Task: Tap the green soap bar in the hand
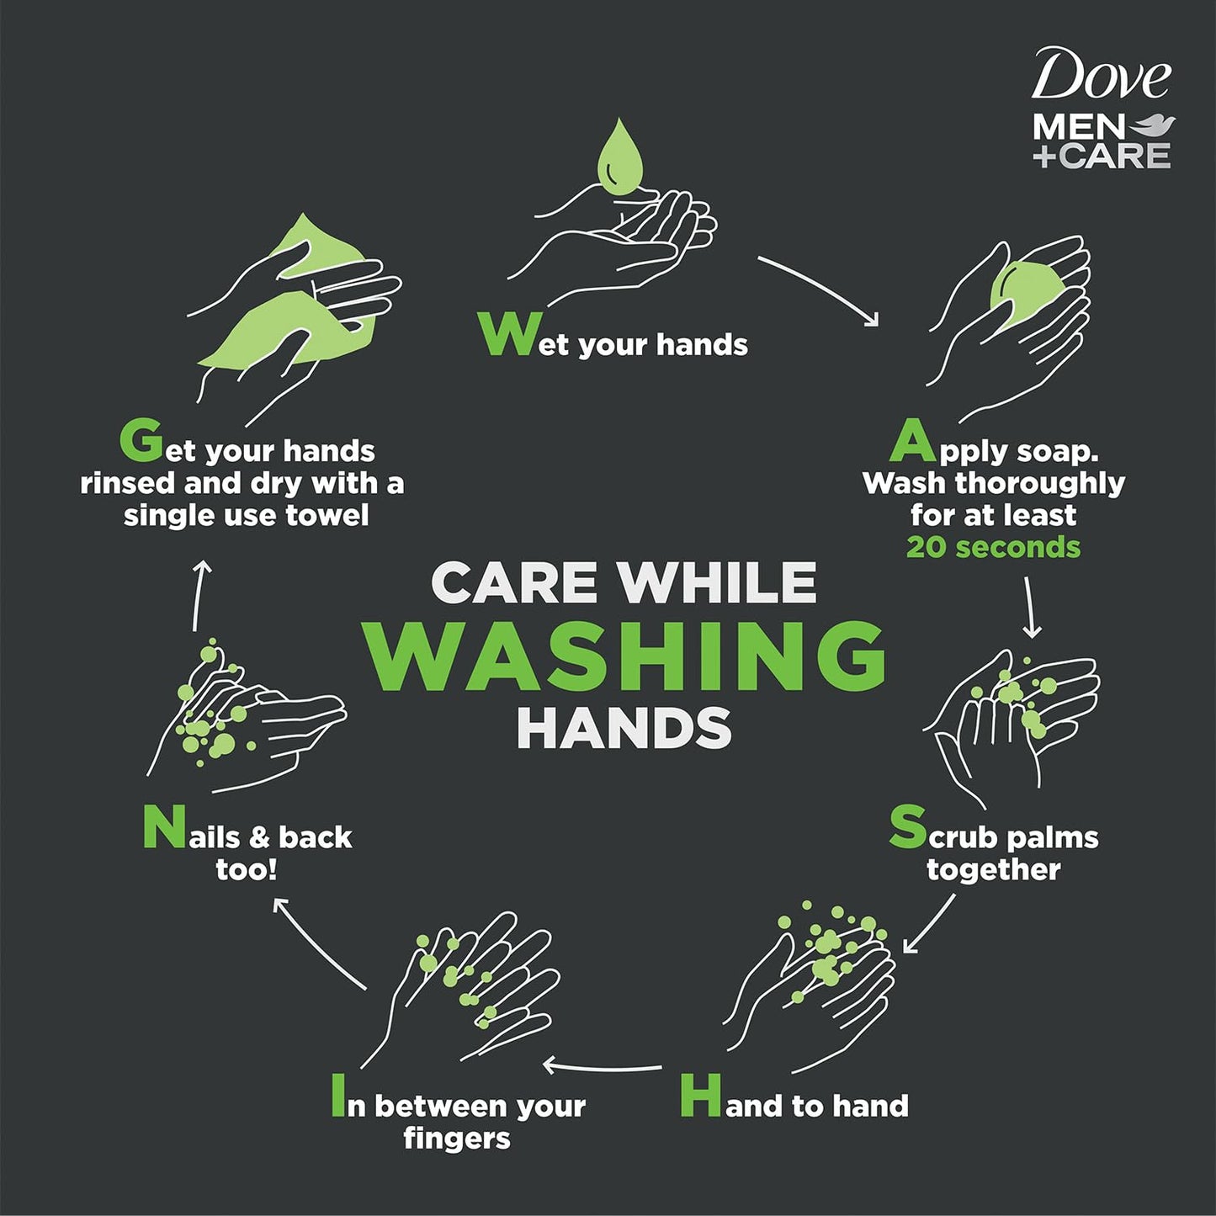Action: coord(1021,295)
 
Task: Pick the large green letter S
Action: coord(907,827)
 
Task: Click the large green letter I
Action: coord(337,1096)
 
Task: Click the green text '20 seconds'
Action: coord(993,548)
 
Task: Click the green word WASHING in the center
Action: coord(624,656)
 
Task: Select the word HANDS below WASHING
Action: coord(624,728)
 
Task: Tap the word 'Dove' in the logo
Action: coord(1100,76)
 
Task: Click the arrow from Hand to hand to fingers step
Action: coord(602,1066)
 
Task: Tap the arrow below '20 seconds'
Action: coord(1030,606)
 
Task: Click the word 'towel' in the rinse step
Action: coord(327,515)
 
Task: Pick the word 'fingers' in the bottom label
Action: coord(457,1139)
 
